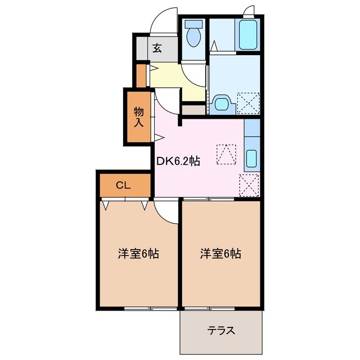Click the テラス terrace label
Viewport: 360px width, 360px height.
coord(221,331)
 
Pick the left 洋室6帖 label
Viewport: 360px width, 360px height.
coord(138,254)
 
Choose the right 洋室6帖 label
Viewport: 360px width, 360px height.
coord(221,254)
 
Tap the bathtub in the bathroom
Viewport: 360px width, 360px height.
coord(247,35)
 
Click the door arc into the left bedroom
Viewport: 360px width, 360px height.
coord(166,211)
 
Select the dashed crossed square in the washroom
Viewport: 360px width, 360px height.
coord(248,103)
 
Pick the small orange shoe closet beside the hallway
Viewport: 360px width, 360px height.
coord(141,75)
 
